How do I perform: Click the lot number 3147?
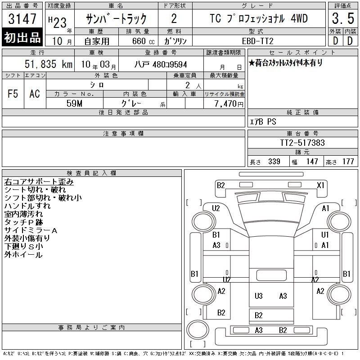(x=22, y=19)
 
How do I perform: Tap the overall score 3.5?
(x=343, y=18)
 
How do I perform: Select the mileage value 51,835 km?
(x=49, y=64)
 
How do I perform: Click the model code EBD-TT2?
(x=257, y=41)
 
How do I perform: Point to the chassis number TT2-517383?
(x=302, y=143)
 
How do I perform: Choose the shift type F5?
(x=13, y=94)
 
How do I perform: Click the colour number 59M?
(x=74, y=103)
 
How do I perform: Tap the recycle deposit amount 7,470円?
(x=229, y=104)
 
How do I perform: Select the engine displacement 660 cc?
(x=143, y=41)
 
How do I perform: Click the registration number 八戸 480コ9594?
(x=161, y=64)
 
